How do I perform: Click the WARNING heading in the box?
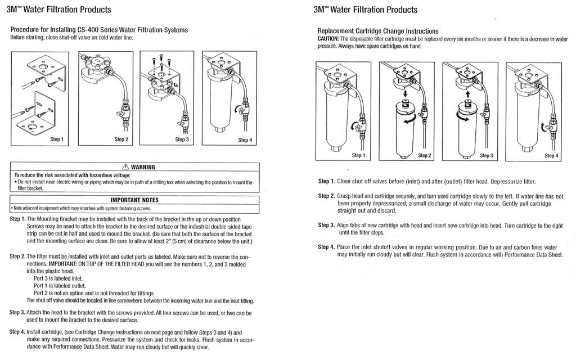pyautogui.click(x=143, y=167)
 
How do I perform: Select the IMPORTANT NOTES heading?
pyautogui.click(x=134, y=200)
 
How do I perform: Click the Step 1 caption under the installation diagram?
pyautogui.click(x=56, y=139)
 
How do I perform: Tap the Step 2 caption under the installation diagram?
pyautogui.click(x=121, y=139)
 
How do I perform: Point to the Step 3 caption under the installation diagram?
pyautogui.click(x=182, y=139)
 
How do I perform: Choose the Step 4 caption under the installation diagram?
pyautogui.click(x=245, y=139)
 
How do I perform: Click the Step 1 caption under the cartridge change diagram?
pyautogui.click(x=358, y=155)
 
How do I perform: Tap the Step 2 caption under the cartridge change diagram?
pyautogui.click(x=425, y=155)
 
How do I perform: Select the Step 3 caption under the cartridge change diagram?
pyautogui.click(x=487, y=155)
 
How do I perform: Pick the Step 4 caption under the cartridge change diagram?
pyautogui.click(x=551, y=155)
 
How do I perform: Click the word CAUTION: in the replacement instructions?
pyautogui.click(x=328, y=39)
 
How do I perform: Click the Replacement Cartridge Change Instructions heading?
pyautogui.click(x=378, y=31)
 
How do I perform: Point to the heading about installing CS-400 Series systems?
pyautogui.click(x=99, y=29)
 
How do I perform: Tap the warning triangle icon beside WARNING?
pyautogui.click(x=125, y=167)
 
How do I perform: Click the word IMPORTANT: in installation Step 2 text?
pyautogui.click(x=65, y=263)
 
